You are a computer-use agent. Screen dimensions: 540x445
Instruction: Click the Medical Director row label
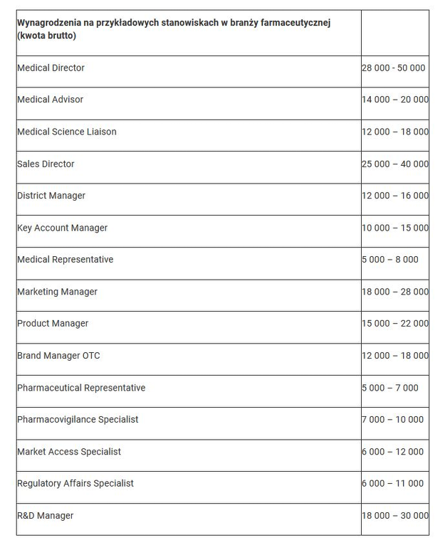51,68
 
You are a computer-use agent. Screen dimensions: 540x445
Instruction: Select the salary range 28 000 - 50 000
394,68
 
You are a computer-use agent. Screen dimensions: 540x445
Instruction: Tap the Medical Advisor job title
50,100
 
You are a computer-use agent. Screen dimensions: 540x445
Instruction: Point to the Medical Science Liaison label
67,132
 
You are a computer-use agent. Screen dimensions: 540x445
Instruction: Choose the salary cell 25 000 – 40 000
395,164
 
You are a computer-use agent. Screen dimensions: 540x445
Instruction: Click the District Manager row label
51,196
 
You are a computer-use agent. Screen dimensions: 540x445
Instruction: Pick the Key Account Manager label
63,228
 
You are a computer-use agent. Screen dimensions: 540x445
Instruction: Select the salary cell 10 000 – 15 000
395,228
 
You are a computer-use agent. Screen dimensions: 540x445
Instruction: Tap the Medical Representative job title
66,260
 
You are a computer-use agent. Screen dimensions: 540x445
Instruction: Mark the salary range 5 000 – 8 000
390,260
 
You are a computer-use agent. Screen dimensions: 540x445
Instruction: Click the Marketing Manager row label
58,292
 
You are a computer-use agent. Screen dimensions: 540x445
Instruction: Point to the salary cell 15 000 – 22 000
395,324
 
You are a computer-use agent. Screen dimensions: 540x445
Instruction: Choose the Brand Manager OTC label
58,356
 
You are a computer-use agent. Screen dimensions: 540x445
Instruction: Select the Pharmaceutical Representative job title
81,388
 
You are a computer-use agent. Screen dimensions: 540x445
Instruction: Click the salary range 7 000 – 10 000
392,420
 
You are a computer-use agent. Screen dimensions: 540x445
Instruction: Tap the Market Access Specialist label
69,452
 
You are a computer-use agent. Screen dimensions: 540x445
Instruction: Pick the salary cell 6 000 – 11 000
392,484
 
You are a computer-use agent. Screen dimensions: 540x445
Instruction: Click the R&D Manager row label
46,516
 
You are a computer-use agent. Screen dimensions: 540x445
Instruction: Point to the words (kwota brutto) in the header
46,36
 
